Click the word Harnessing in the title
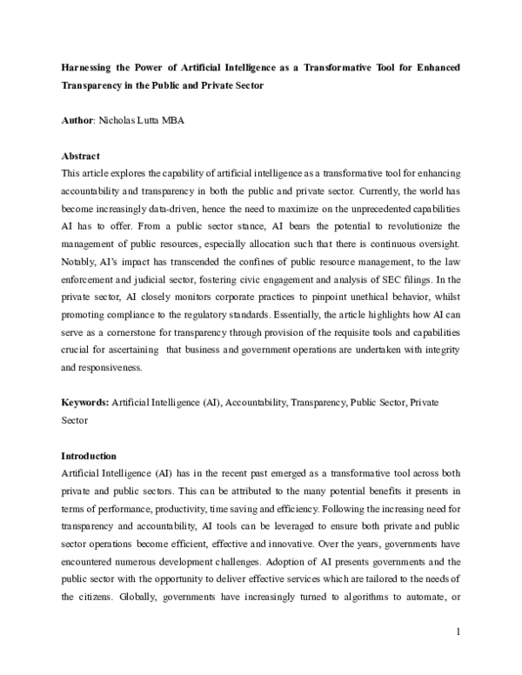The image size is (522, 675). point(85,67)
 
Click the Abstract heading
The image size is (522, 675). point(81,156)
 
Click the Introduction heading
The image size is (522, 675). point(90,456)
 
